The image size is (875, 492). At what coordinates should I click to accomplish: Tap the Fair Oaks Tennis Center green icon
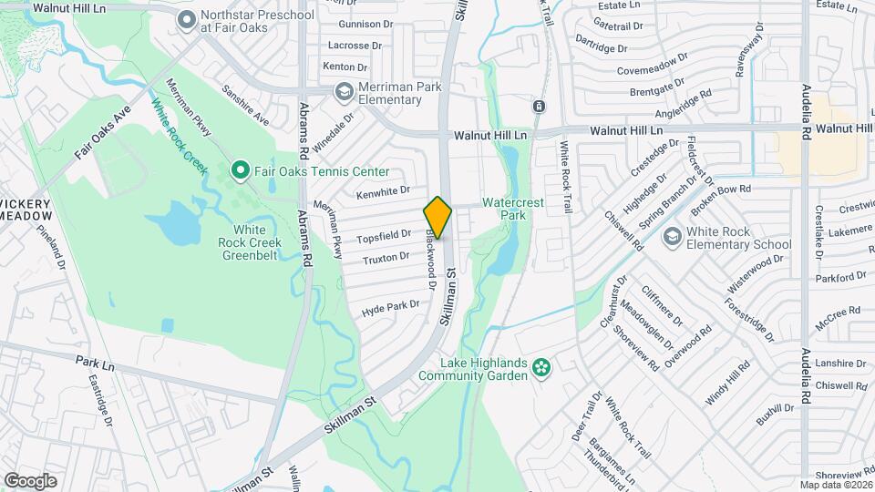[x=240, y=170]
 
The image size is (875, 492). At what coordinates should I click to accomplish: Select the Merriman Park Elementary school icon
[x=345, y=91]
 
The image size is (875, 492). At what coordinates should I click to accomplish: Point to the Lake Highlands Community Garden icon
[x=542, y=368]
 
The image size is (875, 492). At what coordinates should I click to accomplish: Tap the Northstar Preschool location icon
[x=188, y=19]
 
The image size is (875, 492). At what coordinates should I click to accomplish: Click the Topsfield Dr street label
[x=384, y=237]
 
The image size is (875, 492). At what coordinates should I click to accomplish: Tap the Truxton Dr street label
[x=386, y=258]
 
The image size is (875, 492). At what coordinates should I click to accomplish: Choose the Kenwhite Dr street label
[x=383, y=191]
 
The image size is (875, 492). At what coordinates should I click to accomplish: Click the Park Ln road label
[x=95, y=361]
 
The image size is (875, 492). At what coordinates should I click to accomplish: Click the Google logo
[x=30, y=480]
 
